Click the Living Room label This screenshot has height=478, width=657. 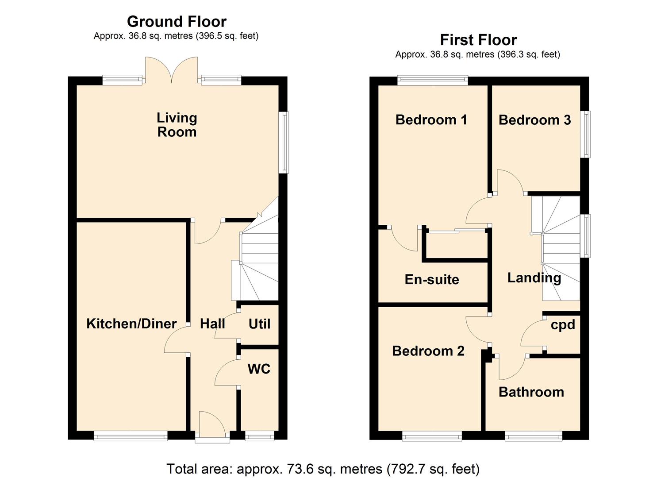(x=177, y=125)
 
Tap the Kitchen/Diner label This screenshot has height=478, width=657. (x=131, y=324)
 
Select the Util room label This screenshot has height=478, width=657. (x=259, y=324)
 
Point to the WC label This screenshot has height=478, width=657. (x=259, y=369)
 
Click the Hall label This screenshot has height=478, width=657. (x=212, y=324)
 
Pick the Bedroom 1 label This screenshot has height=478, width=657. (x=431, y=119)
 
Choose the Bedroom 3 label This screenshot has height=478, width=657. (x=534, y=120)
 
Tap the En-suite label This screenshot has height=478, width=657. (x=432, y=279)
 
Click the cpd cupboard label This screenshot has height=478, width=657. (x=563, y=325)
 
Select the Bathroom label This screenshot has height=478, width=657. (x=531, y=392)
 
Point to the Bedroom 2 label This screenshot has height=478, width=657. (x=428, y=351)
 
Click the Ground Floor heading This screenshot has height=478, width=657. (x=177, y=21)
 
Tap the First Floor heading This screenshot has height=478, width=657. (x=478, y=40)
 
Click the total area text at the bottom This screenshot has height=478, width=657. (x=323, y=468)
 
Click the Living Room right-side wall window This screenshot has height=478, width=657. (x=285, y=142)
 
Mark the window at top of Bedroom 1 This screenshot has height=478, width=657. (x=432, y=80)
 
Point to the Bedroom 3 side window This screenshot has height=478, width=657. (x=586, y=134)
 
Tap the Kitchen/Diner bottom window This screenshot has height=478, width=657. (x=131, y=437)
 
